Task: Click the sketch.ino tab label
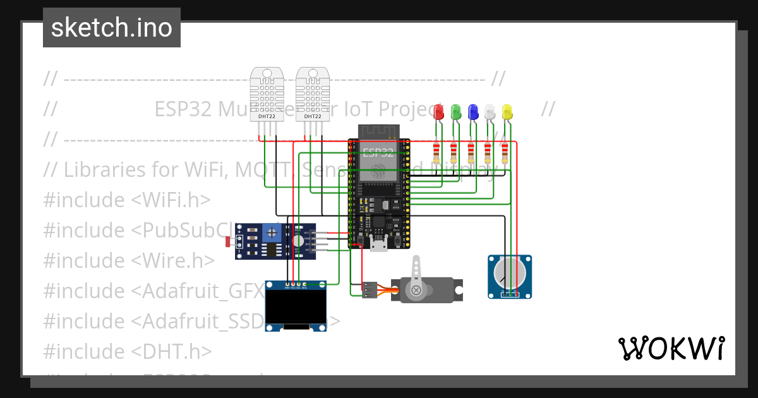[x=111, y=28]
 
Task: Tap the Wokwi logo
[x=671, y=348]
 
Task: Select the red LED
[x=440, y=112]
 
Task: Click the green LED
[x=456, y=112]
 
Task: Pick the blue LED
[x=472, y=112]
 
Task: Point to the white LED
[x=489, y=112]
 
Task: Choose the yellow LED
[x=506, y=112]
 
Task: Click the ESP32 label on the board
[x=378, y=152]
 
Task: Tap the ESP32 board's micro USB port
[x=378, y=245]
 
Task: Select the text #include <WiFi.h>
[x=126, y=200]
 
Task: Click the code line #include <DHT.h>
[x=127, y=351]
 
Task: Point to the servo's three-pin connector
[x=370, y=289]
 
